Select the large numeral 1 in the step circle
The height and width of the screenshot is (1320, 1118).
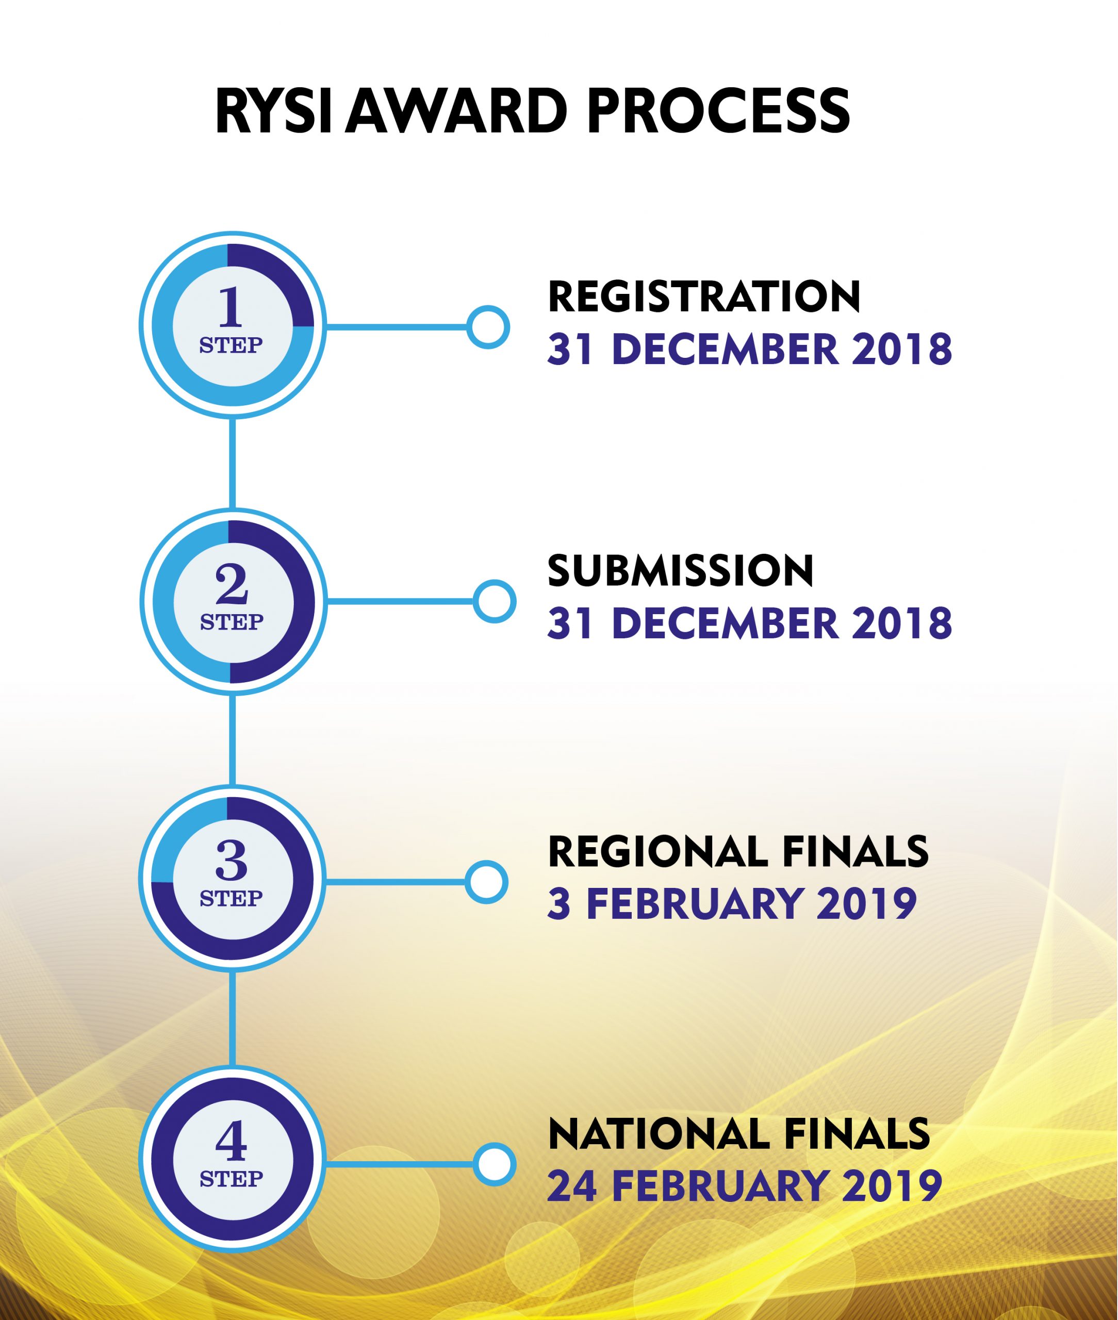pos(231,307)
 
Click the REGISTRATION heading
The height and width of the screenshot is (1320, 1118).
pos(704,296)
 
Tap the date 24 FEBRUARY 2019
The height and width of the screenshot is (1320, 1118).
pos(745,1186)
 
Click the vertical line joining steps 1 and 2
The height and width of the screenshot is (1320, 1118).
pos(233,463)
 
